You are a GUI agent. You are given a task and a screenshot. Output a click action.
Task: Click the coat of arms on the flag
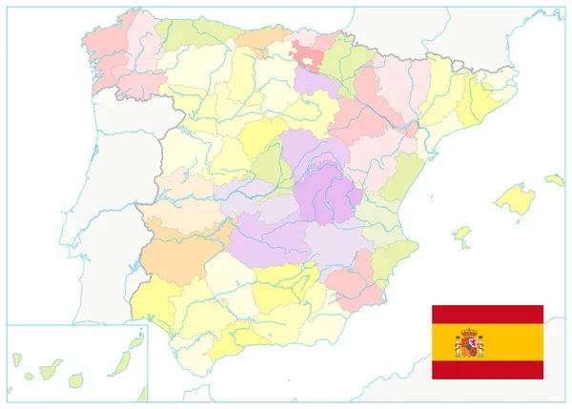tap(469, 342)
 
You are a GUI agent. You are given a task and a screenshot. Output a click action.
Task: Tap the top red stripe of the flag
tap(487, 314)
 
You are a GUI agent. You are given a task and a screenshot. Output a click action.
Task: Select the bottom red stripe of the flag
tap(487, 370)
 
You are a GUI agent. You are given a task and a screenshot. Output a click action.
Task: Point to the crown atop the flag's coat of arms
tap(469, 331)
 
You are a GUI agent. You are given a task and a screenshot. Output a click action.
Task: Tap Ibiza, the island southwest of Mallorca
tap(462, 233)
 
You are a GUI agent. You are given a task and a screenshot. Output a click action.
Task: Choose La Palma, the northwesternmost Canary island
tap(16, 359)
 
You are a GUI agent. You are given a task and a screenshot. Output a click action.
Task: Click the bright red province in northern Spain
tap(310, 53)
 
